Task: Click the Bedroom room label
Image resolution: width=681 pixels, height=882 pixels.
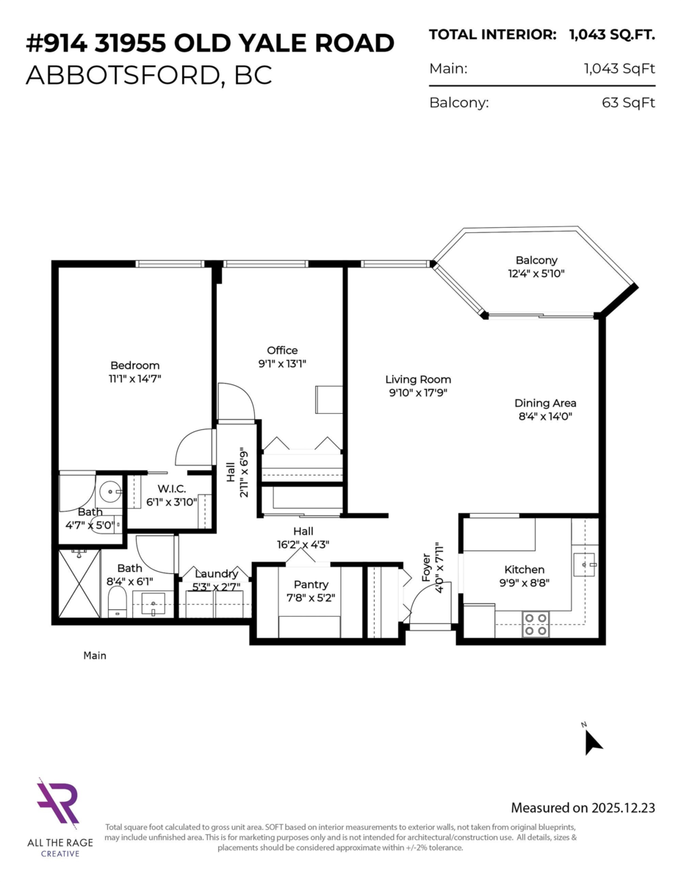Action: [134, 365]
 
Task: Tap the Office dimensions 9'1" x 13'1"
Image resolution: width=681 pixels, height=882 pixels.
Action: [282, 363]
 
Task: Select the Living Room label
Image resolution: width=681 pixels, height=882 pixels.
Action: [418, 379]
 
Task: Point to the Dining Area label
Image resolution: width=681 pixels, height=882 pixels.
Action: [545, 403]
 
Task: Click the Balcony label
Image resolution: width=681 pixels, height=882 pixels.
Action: [536, 260]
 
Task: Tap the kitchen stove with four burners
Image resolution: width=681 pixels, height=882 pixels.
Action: [536, 624]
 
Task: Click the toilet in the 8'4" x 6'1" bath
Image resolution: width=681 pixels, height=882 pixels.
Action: [115, 605]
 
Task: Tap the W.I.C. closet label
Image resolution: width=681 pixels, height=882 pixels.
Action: [171, 489]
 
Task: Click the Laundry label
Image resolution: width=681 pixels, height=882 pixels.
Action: [216, 573]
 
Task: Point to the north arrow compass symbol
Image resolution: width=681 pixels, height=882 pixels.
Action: [592, 741]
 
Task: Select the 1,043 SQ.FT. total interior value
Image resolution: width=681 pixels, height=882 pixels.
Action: [612, 35]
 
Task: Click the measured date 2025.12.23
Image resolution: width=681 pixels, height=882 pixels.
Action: [623, 808]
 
